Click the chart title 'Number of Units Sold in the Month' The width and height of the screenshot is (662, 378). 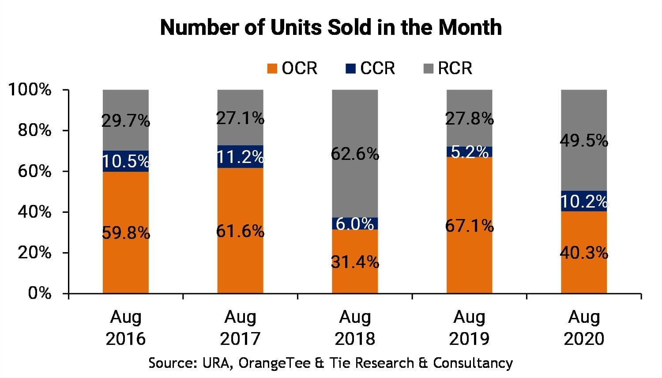[331, 27]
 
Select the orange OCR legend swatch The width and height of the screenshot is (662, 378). [272, 68]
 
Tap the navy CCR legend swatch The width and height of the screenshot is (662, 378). [350, 68]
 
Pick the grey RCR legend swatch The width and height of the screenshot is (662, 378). [428, 68]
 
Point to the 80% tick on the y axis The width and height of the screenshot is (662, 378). [34, 131]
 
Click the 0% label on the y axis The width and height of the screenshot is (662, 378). [40, 293]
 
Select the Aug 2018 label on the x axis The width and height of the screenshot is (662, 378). [355, 328]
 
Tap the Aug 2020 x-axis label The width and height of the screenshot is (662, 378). [584, 328]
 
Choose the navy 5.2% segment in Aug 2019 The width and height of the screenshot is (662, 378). [469, 152]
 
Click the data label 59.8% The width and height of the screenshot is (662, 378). [126, 233]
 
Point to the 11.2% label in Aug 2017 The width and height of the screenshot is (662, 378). [240, 157]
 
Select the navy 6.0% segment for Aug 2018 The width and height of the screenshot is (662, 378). [355, 224]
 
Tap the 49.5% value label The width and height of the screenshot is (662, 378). [584, 141]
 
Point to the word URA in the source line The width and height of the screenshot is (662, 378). [216, 363]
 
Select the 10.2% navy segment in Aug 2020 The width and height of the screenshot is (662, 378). [584, 201]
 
